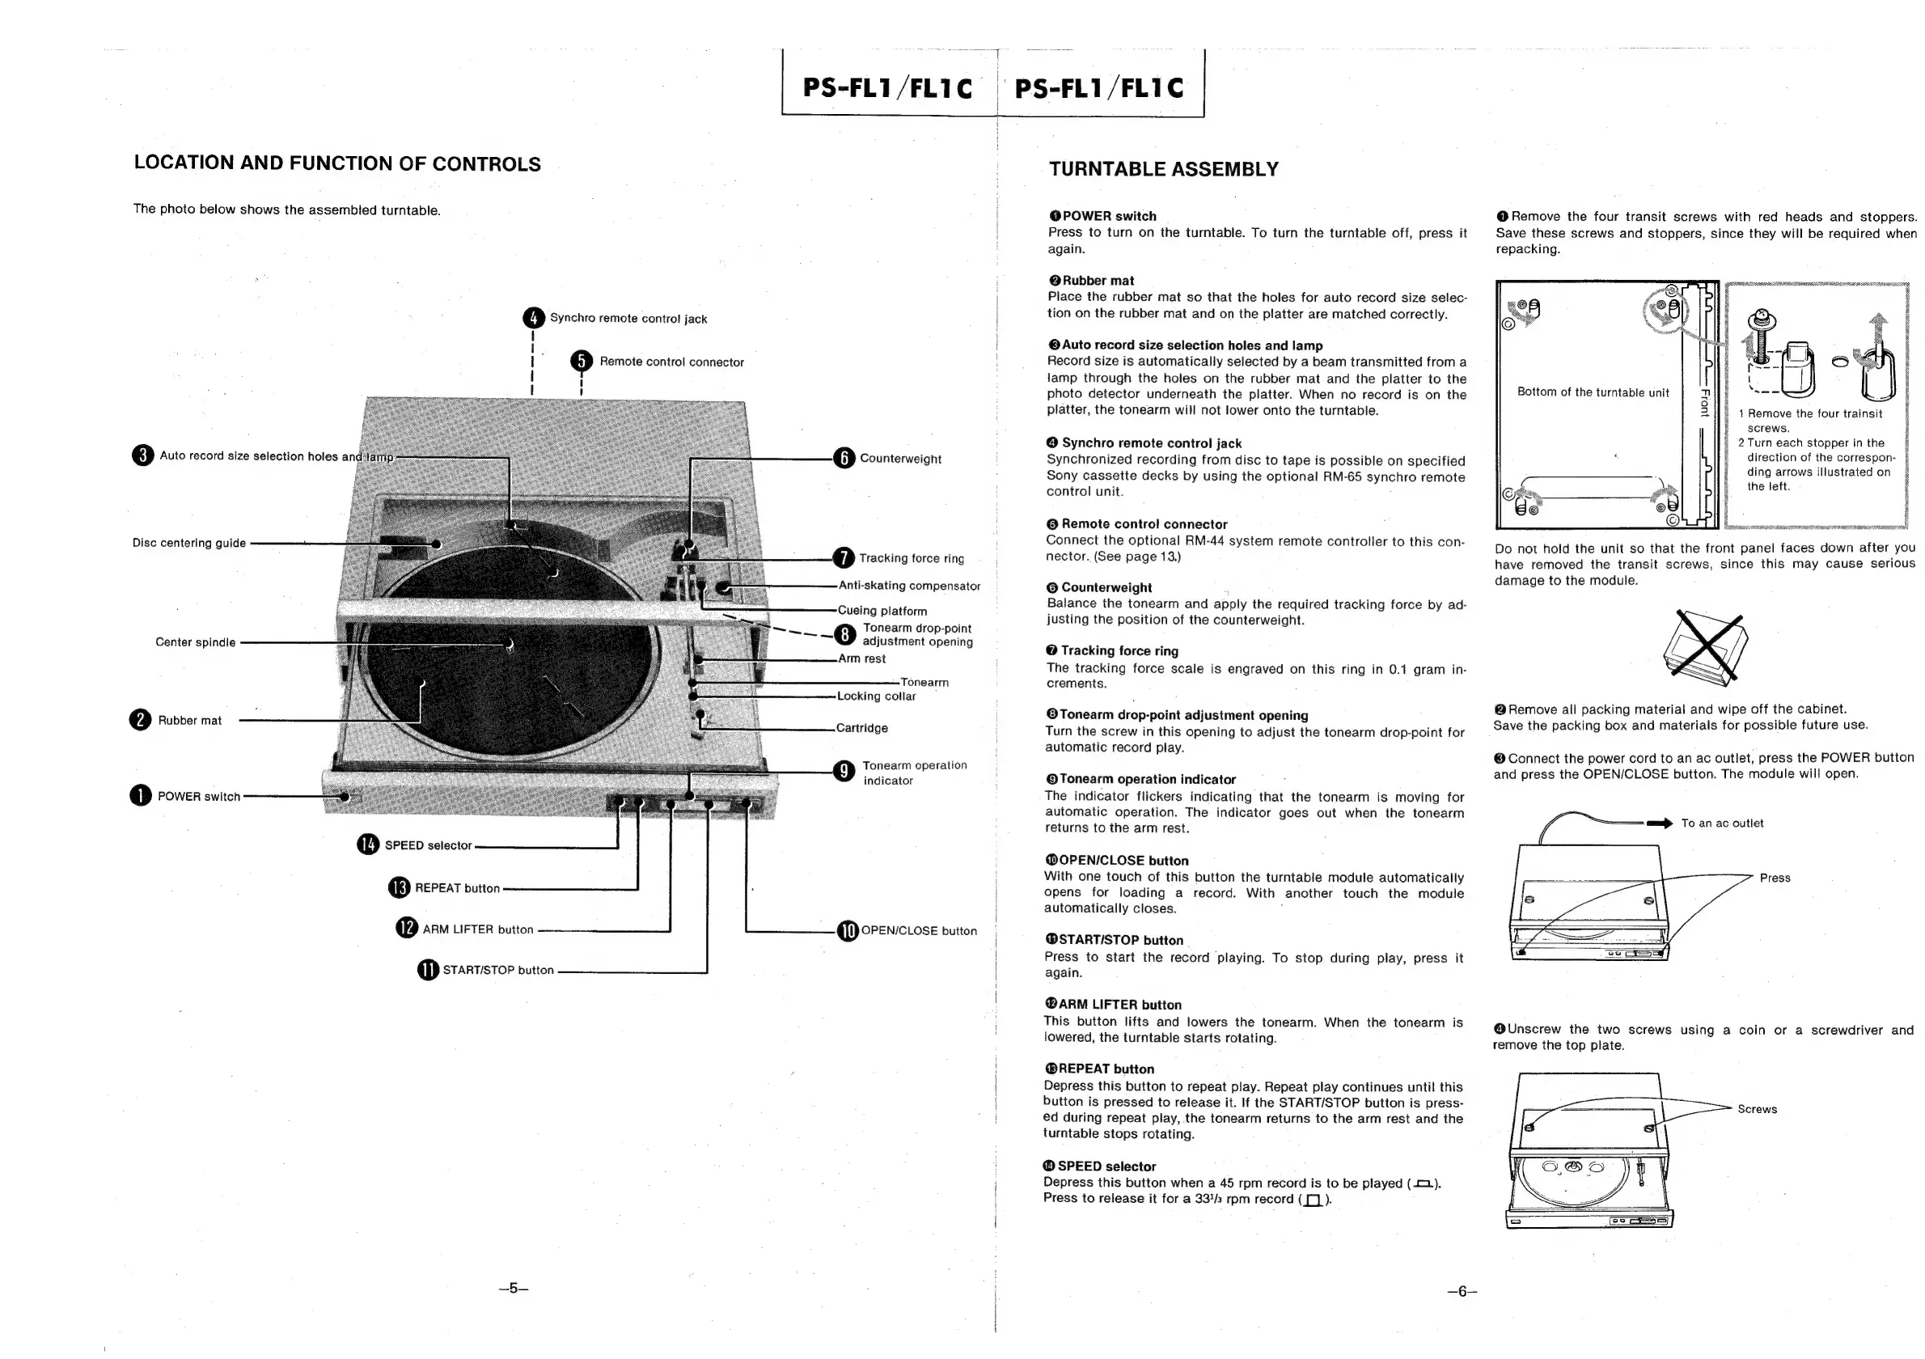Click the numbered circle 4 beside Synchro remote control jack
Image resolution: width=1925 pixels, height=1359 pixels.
[533, 318]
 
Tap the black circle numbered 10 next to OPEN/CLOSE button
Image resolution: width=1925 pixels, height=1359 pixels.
[848, 930]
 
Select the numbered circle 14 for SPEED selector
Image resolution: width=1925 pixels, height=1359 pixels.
[368, 845]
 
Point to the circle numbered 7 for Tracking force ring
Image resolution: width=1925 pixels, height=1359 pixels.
[844, 557]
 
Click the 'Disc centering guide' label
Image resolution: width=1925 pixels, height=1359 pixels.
[188, 543]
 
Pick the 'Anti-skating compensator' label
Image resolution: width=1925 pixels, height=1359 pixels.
[909, 585]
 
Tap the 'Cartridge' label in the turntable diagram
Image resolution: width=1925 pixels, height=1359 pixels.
[861, 728]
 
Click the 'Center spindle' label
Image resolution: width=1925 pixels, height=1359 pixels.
[196, 642]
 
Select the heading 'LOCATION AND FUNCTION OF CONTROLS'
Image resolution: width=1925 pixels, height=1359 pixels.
[337, 163]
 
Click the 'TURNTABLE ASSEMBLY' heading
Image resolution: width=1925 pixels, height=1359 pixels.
[1164, 169]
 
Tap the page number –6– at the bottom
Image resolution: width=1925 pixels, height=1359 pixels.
[1462, 1291]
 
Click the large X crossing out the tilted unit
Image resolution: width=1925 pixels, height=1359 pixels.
[1708, 645]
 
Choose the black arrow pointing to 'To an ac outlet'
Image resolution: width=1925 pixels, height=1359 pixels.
[1659, 823]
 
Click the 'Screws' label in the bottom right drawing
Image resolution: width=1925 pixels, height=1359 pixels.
[1757, 1109]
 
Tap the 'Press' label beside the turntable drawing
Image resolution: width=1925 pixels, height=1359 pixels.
[1774, 878]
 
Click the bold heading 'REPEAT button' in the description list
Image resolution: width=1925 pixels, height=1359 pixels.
[1106, 1069]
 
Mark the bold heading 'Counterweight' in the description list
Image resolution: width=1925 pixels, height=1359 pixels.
[1106, 588]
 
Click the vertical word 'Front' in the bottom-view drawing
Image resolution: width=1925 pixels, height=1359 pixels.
[1703, 402]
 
